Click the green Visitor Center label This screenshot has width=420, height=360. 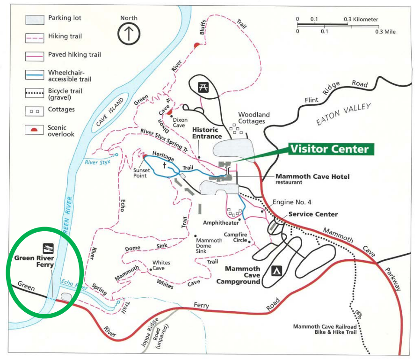tap(329, 149)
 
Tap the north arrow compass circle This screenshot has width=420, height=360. tap(129, 34)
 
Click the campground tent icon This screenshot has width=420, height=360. tap(276, 271)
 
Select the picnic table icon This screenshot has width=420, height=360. tap(203, 87)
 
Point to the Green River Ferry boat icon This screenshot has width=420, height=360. tap(48, 247)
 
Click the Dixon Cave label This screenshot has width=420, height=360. tap(180, 123)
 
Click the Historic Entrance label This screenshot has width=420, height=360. tap(207, 133)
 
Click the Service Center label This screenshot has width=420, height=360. tap(313, 214)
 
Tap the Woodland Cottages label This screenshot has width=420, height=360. tap(254, 118)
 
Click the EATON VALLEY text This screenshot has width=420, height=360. tap(343, 115)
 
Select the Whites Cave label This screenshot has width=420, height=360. tap(161, 266)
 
